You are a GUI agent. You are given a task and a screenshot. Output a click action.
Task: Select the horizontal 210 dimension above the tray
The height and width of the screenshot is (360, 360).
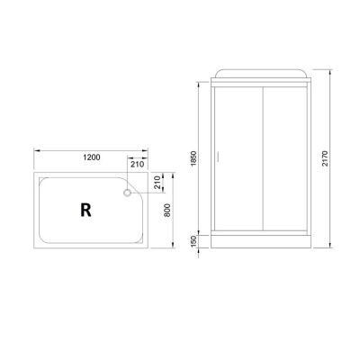click(138, 164)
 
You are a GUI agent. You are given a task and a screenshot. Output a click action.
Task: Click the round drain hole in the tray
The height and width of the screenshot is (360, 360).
click(129, 190)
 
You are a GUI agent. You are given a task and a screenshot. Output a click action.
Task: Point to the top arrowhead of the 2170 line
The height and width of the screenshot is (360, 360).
click(328, 72)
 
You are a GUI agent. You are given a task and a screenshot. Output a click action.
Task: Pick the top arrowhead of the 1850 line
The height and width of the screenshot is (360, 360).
click(199, 85)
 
